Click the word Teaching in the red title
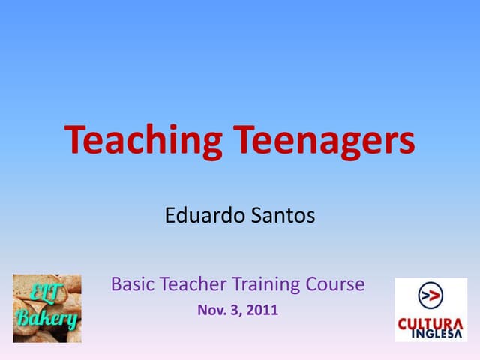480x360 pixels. [143, 142]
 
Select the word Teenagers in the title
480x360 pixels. [324, 142]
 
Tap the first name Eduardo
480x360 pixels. [205, 215]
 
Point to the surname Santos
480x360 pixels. [283, 215]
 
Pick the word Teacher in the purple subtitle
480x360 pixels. [193, 284]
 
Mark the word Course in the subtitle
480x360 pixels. [335, 284]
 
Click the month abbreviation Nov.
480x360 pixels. [211, 310]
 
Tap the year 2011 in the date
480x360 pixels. [262, 310]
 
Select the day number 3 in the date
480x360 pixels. [234, 310]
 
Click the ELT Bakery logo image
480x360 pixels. [47, 308]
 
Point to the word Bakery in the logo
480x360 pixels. [46, 319]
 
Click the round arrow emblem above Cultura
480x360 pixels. [430, 295]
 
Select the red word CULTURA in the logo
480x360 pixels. [430, 324]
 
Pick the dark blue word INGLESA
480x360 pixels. [437, 334]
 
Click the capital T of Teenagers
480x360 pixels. [244, 139]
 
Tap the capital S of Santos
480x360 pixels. [256, 215]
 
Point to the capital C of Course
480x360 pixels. [312, 284]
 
